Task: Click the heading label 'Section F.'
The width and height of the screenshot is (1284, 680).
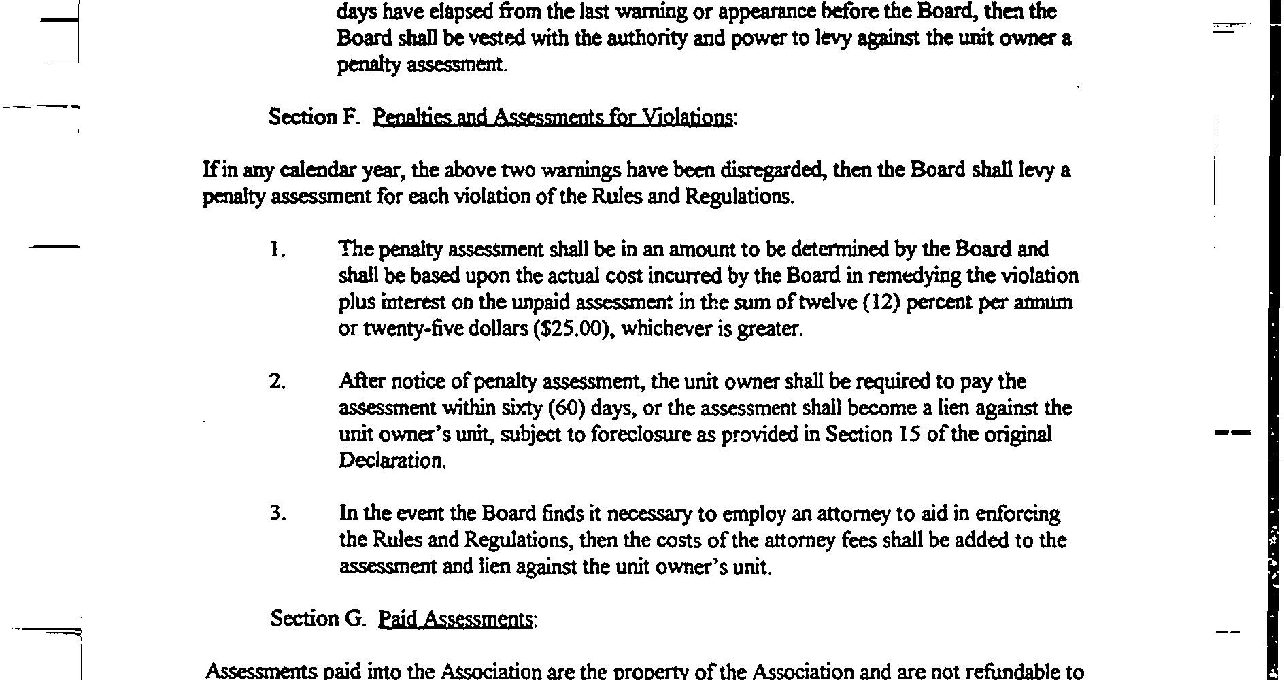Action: pyautogui.click(x=313, y=117)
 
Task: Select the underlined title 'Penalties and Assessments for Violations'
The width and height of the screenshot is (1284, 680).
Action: pyautogui.click(x=554, y=118)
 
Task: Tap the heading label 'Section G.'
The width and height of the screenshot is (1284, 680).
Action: pyautogui.click(x=318, y=618)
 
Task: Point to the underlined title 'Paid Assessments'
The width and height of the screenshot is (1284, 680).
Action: pyautogui.click(x=456, y=619)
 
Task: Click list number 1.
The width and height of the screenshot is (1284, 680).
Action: pyautogui.click(x=277, y=250)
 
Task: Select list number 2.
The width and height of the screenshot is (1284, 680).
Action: pyautogui.click(x=277, y=382)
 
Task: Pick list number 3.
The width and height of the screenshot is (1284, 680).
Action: pyautogui.click(x=277, y=513)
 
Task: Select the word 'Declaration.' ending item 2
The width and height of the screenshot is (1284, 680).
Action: pyautogui.click(x=392, y=461)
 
